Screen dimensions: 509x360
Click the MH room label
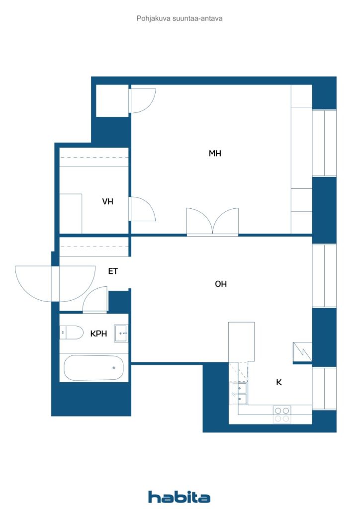pos(215,154)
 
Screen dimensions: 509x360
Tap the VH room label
pos(108,202)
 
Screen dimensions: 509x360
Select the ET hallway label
pos(113,271)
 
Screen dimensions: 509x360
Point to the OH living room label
pos(221,284)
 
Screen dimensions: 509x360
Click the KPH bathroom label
pos(98,334)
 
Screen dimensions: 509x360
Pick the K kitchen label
pos(279,382)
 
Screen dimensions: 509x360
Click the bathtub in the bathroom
pos(94,368)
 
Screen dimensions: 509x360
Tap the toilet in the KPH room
pos(72,332)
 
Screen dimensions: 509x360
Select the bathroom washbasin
pos(121,333)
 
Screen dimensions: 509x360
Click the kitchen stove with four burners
pos(282,414)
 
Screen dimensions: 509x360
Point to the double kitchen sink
pos(239,393)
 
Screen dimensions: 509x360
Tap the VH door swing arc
pos(143,209)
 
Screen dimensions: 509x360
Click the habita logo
pos(179,497)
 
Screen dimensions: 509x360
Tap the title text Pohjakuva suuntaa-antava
pos(180,18)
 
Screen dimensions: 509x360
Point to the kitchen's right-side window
pos(324,388)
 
